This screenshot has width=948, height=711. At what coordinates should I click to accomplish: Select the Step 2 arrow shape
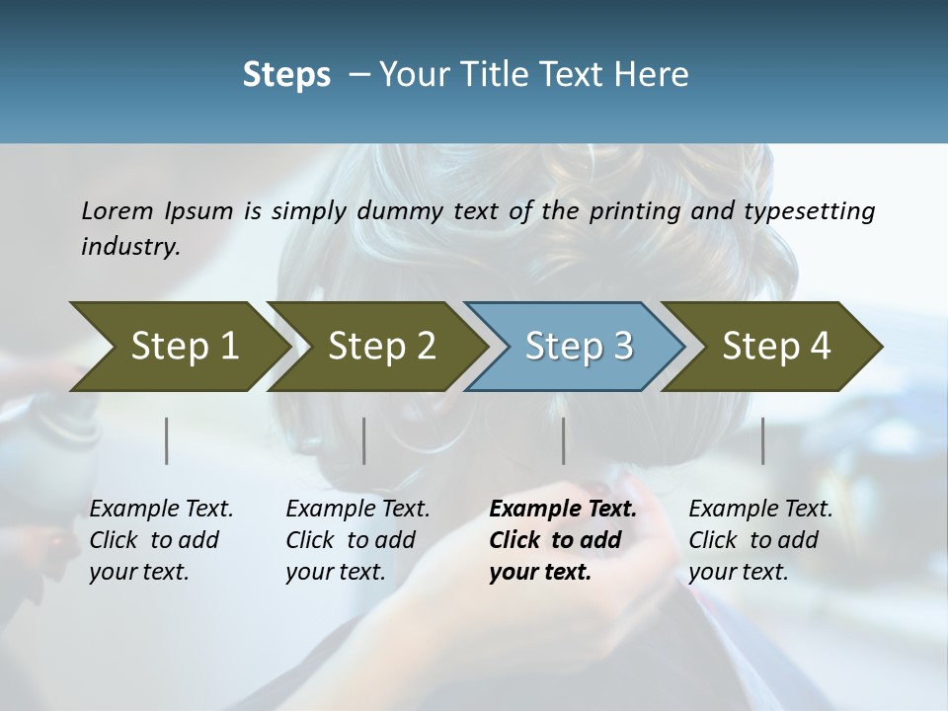coord(381,346)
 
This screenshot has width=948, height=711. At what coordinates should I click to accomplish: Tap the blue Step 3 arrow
coord(579,346)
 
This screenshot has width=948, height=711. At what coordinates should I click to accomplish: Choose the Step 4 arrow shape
coord(776,346)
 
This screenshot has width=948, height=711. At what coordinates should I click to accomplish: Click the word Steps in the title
coord(286,74)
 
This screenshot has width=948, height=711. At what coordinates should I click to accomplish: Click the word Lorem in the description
coord(118,210)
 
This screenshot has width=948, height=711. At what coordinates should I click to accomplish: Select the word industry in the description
coord(130,246)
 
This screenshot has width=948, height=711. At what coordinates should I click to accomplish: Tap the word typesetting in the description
coord(810,210)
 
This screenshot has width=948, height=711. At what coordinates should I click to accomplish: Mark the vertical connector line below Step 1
coord(167,440)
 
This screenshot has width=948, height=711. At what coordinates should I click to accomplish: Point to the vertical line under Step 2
coord(364,440)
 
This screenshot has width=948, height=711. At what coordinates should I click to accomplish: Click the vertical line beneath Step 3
coord(563,440)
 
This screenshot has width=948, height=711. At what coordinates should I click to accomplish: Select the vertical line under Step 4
coord(762,440)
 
